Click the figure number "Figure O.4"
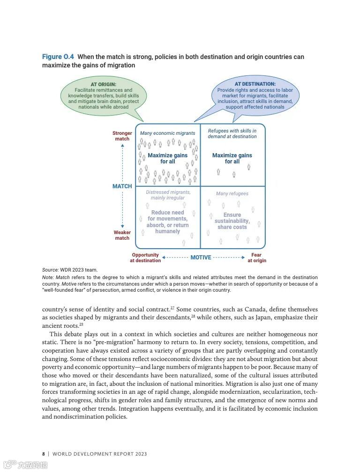tap(58, 57)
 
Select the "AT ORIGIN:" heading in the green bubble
tap(104, 84)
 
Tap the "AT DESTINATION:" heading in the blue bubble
tap(255, 84)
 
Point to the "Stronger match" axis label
tap(122, 136)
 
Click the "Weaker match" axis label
tap(122, 235)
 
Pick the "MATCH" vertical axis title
tap(122, 186)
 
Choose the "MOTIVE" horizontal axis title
tap(201, 258)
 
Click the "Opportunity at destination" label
tap(145, 258)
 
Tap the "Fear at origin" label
tap(257, 258)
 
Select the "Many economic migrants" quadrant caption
tap(167, 133)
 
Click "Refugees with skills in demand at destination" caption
tap(232, 134)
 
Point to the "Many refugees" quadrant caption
tap(232, 194)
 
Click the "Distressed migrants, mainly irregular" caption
tap(168, 195)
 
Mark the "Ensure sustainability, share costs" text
tap(232, 221)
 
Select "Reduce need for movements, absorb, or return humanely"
tap(167, 222)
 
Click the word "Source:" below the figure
tap(50, 270)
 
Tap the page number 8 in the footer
tap(44, 454)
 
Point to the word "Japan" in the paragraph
tap(257, 317)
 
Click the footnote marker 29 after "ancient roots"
tap(81, 324)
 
